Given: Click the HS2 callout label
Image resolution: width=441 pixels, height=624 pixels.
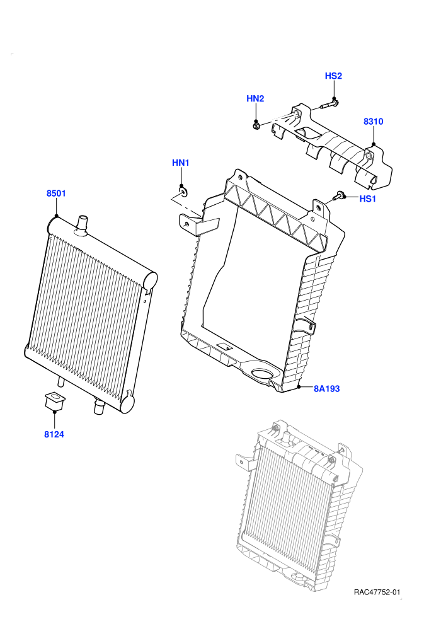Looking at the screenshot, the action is click(333, 76).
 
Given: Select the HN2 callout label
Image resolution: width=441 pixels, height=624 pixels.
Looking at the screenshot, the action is click(255, 98).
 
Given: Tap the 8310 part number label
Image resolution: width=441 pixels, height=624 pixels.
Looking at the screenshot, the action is click(374, 122).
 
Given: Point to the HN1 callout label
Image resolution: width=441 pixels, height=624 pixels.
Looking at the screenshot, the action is click(181, 163).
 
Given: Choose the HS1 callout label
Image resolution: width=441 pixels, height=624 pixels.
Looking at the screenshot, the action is click(367, 199).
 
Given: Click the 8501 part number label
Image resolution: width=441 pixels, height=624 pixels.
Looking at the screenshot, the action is click(56, 194).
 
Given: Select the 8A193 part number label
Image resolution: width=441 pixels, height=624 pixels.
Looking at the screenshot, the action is click(327, 388).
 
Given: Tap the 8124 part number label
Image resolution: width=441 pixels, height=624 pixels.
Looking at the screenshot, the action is click(54, 434).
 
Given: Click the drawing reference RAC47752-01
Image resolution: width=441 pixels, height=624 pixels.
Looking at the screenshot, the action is click(377, 592).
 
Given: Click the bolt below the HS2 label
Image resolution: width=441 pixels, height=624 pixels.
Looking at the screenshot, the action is click(328, 105).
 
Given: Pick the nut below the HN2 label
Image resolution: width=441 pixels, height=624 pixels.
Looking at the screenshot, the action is click(256, 126).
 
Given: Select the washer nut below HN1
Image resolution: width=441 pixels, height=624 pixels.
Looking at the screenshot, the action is click(183, 193).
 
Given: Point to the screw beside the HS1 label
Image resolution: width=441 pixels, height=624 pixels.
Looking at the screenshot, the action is click(339, 195).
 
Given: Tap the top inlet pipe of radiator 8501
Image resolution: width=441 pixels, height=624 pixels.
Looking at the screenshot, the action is click(82, 224).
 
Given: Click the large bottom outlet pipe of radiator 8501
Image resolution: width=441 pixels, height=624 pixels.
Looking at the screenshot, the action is click(99, 407).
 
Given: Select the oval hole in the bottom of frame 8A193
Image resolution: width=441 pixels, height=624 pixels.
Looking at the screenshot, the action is click(263, 374).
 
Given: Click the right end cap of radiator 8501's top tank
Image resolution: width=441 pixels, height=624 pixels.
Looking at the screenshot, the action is click(150, 280).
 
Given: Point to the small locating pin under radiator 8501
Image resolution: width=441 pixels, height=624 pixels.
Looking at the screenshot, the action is click(61, 381).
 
